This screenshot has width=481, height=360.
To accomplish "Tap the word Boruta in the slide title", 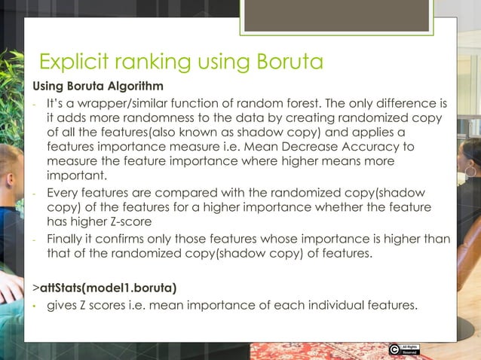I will tap(286, 60).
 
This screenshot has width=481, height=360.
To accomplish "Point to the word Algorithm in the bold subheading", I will tap(133, 85).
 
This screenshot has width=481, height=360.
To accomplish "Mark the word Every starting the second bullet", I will tap(65, 192).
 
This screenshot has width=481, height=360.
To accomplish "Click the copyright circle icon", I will tap(394, 349).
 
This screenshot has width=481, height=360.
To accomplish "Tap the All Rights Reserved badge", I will tap(410, 349).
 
